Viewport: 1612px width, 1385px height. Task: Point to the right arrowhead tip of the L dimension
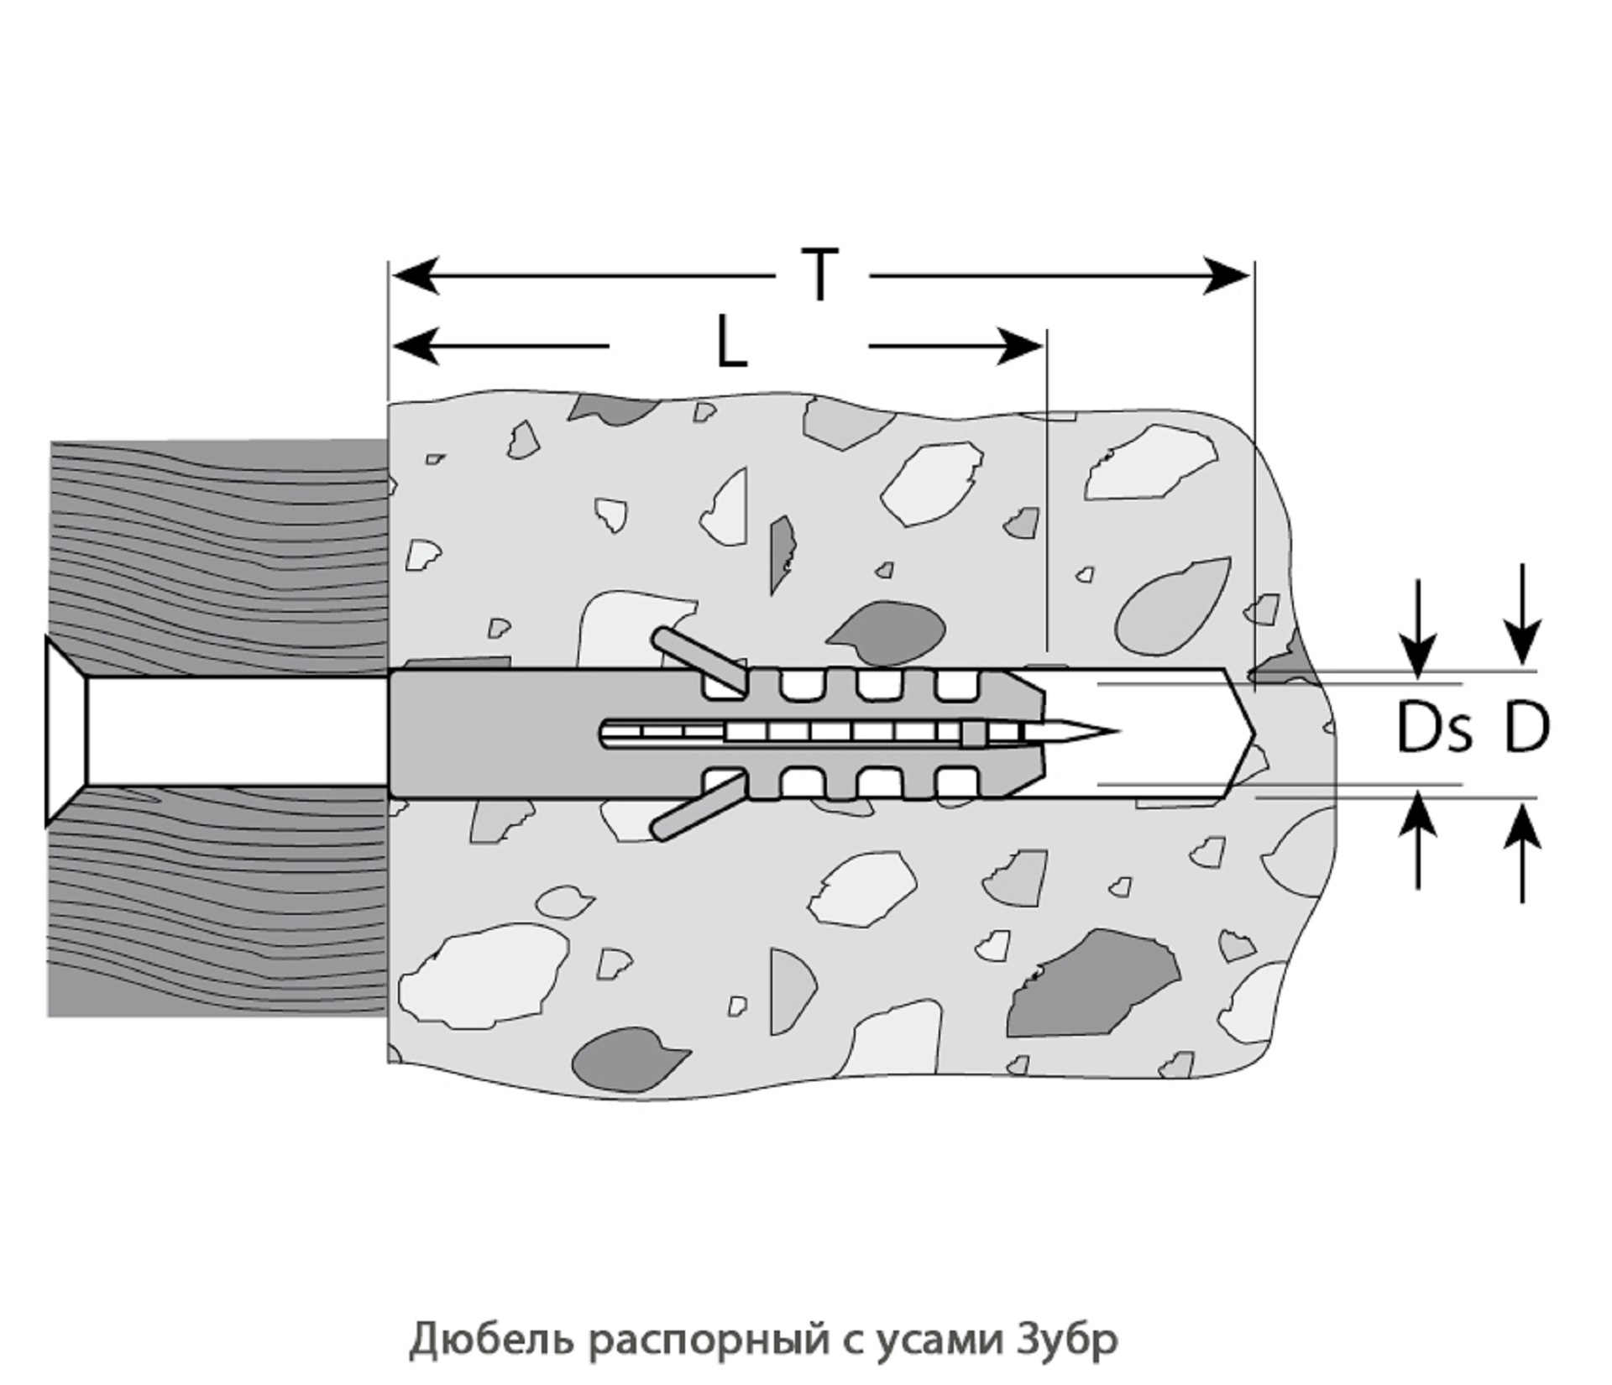(1044, 345)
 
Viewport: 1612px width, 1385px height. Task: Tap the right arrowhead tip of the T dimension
(1251, 275)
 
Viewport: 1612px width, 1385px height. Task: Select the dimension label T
(819, 275)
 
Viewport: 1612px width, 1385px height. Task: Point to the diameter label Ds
(1434, 729)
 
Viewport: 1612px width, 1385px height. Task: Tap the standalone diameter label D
(1525, 729)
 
